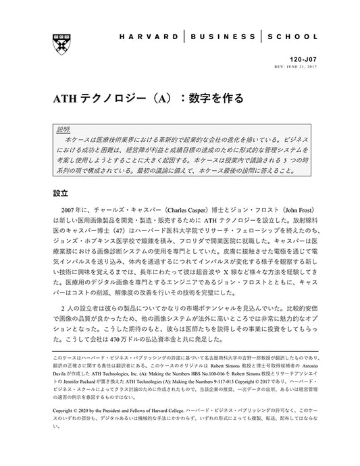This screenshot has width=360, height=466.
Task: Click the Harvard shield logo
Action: coord(58,38)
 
